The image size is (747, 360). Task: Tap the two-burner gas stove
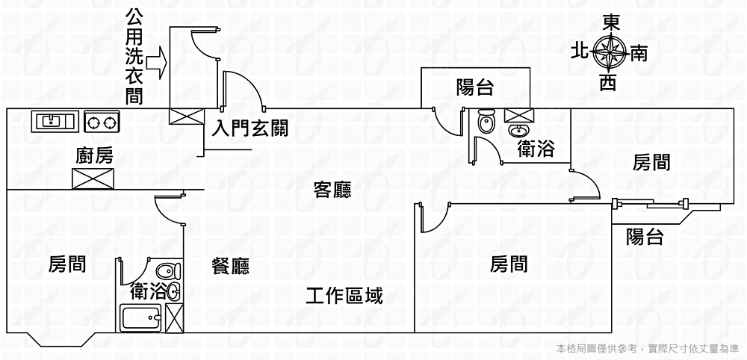pyautogui.click(x=102, y=120)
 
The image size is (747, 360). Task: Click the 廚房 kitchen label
pyautogui.click(x=95, y=156)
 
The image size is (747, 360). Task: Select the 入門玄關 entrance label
pyautogui.click(x=250, y=128)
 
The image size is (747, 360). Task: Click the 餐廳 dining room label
pyautogui.click(x=230, y=266)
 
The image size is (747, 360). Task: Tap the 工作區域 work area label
pyautogui.click(x=344, y=296)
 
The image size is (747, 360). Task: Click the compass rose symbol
pyautogui.click(x=610, y=52)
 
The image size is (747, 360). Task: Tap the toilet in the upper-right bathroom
pyautogui.click(x=486, y=121)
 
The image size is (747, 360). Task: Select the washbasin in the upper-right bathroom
pyautogui.click(x=517, y=131)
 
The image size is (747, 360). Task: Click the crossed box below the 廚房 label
pyautogui.click(x=93, y=179)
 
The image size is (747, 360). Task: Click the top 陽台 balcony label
pyautogui.click(x=474, y=88)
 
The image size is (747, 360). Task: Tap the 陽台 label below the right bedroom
pyautogui.click(x=645, y=237)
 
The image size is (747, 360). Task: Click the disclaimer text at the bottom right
pyautogui.click(x=648, y=348)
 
